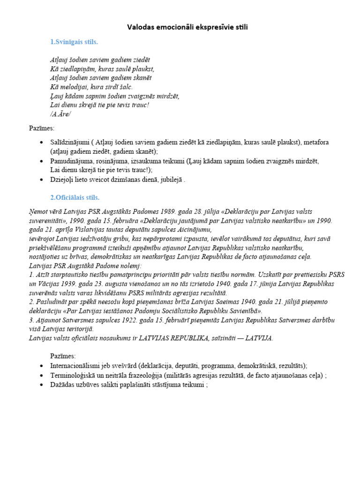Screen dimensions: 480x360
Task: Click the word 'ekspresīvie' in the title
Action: click(209, 28)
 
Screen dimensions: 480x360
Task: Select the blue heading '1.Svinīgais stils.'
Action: click(74, 42)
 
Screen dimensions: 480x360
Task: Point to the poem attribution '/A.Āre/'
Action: click(60, 114)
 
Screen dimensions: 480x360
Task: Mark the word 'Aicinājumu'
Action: click(196, 230)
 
